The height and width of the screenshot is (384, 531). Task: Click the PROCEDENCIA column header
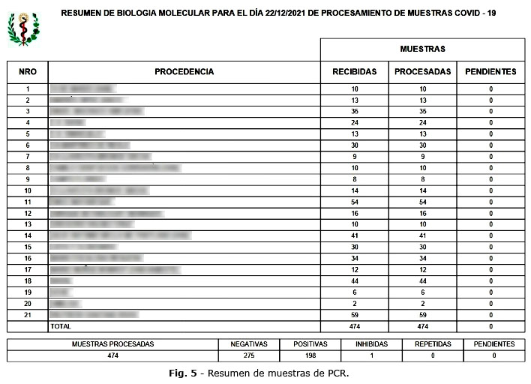click(x=184, y=72)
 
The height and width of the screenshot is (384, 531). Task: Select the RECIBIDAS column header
click(x=354, y=72)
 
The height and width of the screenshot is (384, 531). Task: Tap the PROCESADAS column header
click(x=422, y=72)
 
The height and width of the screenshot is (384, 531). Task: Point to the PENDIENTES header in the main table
click(x=490, y=72)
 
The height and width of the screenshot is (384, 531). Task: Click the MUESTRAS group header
click(x=422, y=49)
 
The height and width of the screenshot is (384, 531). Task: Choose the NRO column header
click(x=27, y=72)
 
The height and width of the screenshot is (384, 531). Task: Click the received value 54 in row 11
click(x=354, y=202)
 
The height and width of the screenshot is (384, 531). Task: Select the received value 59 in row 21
click(x=354, y=316)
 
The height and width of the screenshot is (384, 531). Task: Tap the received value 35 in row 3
click(x=354, y=112)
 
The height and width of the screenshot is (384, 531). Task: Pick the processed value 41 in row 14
click(x=422, y=236)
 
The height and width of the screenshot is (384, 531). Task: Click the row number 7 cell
click(x=27, y=157)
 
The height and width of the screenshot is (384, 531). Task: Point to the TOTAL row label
click(x=60, y=327)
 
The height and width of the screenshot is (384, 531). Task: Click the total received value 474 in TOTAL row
click(x=354, y=327)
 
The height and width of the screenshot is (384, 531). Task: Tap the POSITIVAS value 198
click(x=310, y=355)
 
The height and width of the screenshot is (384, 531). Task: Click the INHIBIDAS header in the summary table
click(x=372, y=344)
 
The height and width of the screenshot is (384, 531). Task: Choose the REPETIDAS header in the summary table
click(x=433, y=344)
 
